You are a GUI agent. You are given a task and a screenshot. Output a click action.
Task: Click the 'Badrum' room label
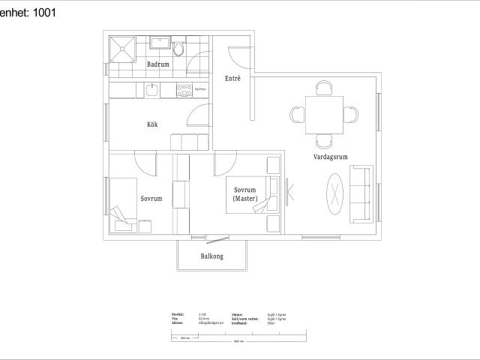click(x=157, y=65)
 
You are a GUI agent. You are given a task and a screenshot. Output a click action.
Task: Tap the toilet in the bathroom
click(x=178, y=49)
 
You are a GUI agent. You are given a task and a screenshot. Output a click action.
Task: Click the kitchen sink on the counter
click(x=151, y=91)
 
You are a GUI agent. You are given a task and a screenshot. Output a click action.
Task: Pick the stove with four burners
click(x=184, y=91)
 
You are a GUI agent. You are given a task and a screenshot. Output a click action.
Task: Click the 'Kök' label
click(x=152, y=124)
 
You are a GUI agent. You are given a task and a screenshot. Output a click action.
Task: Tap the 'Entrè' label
click(x=232, y=78)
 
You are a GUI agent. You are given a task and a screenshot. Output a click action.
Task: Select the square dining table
click(x=324, y=115)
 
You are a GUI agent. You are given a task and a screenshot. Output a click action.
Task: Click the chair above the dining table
click(x=324, y=88)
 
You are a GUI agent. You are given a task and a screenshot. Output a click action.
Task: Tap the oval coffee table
click(x=334, y=192)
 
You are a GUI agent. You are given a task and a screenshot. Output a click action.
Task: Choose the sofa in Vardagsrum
click(x=361, y=194)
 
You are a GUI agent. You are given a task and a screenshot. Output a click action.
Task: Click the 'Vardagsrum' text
click(x=330, y=157)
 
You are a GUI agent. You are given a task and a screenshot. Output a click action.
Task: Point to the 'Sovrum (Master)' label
click(x=245, y=194)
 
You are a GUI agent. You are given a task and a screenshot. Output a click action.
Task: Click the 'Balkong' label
click(x=211, y=256)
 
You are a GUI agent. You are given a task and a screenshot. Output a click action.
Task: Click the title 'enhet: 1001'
click(x=28, y=12)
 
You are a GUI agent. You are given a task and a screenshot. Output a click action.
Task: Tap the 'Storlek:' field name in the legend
click(x=177, y=314)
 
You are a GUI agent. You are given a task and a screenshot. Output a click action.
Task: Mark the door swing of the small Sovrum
click(x=145, y=161)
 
